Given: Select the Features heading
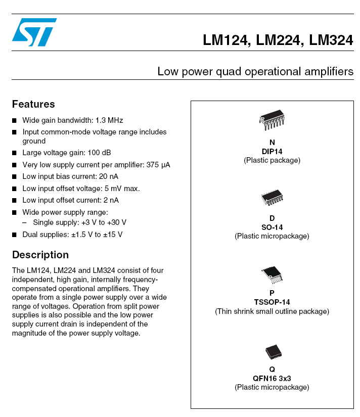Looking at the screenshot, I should (x=33, y=104).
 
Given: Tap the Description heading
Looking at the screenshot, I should (x=40, y=255).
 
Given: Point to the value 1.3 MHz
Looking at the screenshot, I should (x=109, y=120).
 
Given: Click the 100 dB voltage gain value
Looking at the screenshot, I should (x=99, y=153).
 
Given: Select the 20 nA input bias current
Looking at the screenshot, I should (x=107, y=176).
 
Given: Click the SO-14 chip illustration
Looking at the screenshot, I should (x=272, y=198).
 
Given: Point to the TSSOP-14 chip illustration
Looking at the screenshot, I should (x=272, y=274).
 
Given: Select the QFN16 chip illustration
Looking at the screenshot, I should (x=272, y=351).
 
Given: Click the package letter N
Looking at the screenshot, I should (x=272, y=143).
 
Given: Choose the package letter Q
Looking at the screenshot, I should (x=272, y=369).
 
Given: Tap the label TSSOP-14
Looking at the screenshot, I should (x=272, y=302).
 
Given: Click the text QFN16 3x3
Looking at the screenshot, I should (x=272, y=378).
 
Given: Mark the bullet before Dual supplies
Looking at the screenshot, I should (x=15, y=235).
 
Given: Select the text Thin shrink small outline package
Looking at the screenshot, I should (x=272, y=311).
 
